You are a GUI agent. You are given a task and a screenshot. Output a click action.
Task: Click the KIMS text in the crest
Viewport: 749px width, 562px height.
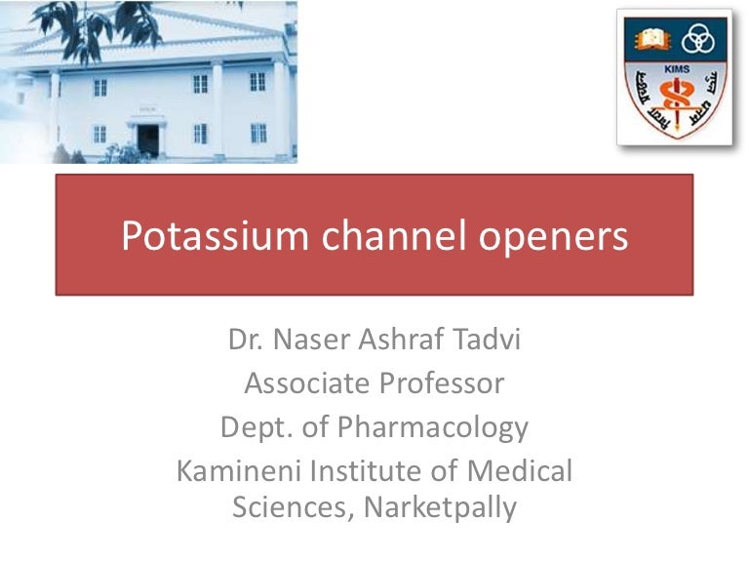(x=674, y=72)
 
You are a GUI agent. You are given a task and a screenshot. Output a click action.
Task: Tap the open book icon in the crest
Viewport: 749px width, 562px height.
(x=650, y=40)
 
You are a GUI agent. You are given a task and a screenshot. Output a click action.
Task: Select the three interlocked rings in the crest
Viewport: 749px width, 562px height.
(x=699, y=40)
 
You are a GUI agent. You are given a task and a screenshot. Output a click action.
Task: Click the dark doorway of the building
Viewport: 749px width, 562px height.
(x=147, y=139)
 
